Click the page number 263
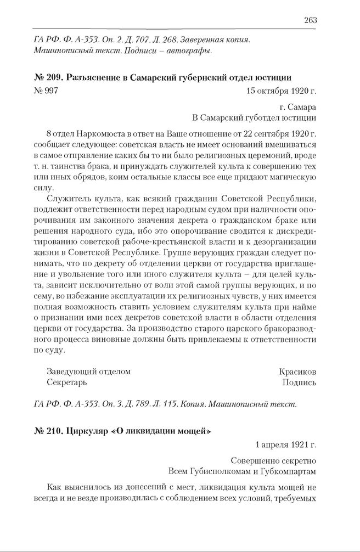(310, 20)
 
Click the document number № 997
(46, 91)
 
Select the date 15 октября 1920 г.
(282, 91)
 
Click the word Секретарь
(67, 382)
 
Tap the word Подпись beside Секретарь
(299, 382)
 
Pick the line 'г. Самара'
(299, 106)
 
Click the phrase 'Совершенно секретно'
(274, 460)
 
